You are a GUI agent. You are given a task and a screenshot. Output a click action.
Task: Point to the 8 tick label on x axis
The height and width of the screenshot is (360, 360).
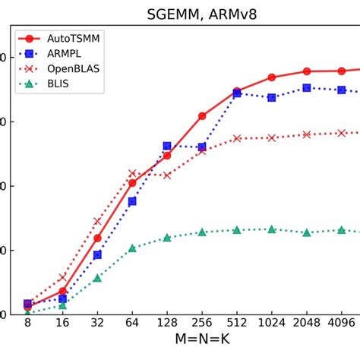[27, 324]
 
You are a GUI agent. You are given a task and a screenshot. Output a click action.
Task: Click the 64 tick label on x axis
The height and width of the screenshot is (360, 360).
[132, 324]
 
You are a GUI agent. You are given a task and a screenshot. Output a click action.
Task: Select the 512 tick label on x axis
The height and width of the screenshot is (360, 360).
[237, 324]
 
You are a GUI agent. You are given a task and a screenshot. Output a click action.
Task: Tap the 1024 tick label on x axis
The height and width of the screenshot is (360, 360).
[272, 324]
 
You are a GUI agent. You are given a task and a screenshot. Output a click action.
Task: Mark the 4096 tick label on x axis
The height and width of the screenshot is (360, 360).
[342, 324]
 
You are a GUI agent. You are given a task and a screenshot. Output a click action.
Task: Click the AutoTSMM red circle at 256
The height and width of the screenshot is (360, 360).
[202, 116]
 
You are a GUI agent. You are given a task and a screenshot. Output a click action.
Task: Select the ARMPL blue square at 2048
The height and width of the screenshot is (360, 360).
[307, 88]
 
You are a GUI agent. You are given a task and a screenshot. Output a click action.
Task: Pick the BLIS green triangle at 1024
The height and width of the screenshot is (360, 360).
[272, 229]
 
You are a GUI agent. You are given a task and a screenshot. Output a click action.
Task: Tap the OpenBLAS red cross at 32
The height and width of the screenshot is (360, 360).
[97, 221]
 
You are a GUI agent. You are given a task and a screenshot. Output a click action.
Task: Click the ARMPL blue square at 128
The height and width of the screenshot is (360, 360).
[167, 146]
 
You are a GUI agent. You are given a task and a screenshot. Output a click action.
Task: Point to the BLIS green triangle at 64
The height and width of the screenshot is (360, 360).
[132, 248]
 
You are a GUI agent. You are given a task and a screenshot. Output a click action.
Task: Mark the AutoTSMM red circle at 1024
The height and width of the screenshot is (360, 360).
[272, 77]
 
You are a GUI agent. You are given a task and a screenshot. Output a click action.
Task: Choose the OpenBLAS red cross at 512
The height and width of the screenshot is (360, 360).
[237, 138]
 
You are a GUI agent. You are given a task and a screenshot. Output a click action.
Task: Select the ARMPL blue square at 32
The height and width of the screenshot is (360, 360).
[97, 254]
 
